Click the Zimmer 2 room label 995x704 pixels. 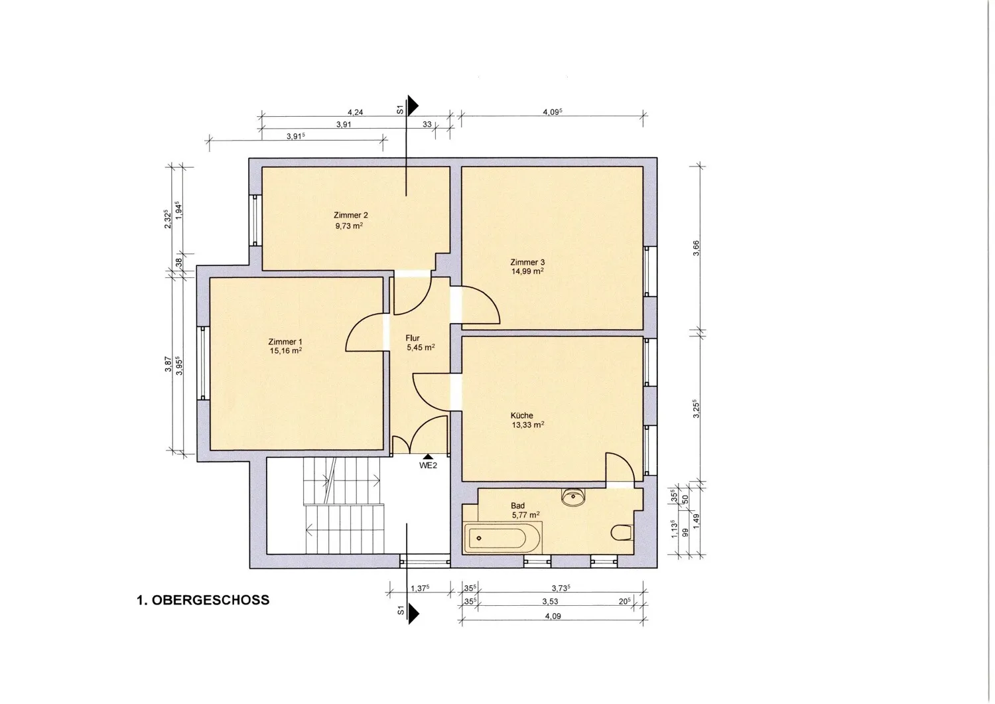click(x=350, y=215)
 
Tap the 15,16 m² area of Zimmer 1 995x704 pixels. click(x=286, y=351)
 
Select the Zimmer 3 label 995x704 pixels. click(x=527, y=262)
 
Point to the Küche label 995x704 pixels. click(x=521, y=415)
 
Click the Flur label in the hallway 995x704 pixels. click(x=412, y=338)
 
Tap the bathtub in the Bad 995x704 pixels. click(x=502, y=538)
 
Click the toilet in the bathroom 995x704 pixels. click(x=622, y=532)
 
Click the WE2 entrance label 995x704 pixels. click(x=429, y=466)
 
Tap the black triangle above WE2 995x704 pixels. click(x=429, y=457)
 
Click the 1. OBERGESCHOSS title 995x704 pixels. click(x=203, y=600)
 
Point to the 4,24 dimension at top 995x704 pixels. click(x=355, y=112)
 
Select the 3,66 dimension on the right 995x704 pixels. click(x=696, y=248)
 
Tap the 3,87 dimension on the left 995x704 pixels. click(x=168, y=364)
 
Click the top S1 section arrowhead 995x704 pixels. click(x=413, y=106)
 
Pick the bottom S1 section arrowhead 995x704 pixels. click(x=413, y=614)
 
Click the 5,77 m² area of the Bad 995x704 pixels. click(x=525, y=515)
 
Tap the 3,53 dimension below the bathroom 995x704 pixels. click(x=550, y=602)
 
